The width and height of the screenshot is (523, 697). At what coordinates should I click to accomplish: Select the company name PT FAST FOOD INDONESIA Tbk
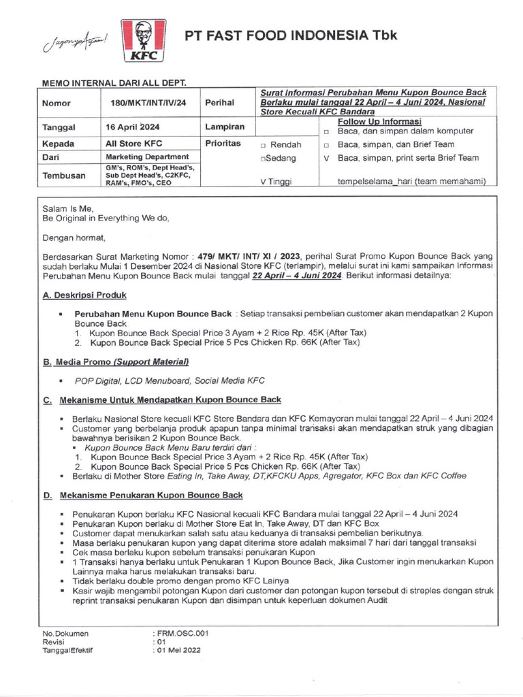tap(291, 36)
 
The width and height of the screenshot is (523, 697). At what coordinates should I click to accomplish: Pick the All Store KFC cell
tap(133, 144)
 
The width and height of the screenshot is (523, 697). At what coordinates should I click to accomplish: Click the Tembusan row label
tap(65, 175)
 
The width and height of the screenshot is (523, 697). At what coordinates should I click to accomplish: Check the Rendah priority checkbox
tap(263, 145)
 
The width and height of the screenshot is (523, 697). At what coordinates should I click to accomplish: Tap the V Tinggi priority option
tap(274, 182)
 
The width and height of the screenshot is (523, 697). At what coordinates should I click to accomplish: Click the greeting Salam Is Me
tap(67, 208)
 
